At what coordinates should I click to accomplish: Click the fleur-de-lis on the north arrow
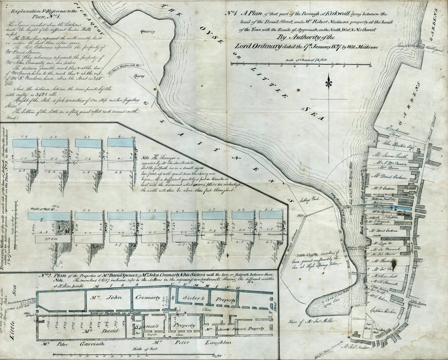coord(329,81)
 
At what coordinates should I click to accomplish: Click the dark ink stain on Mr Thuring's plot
coord(404,266)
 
